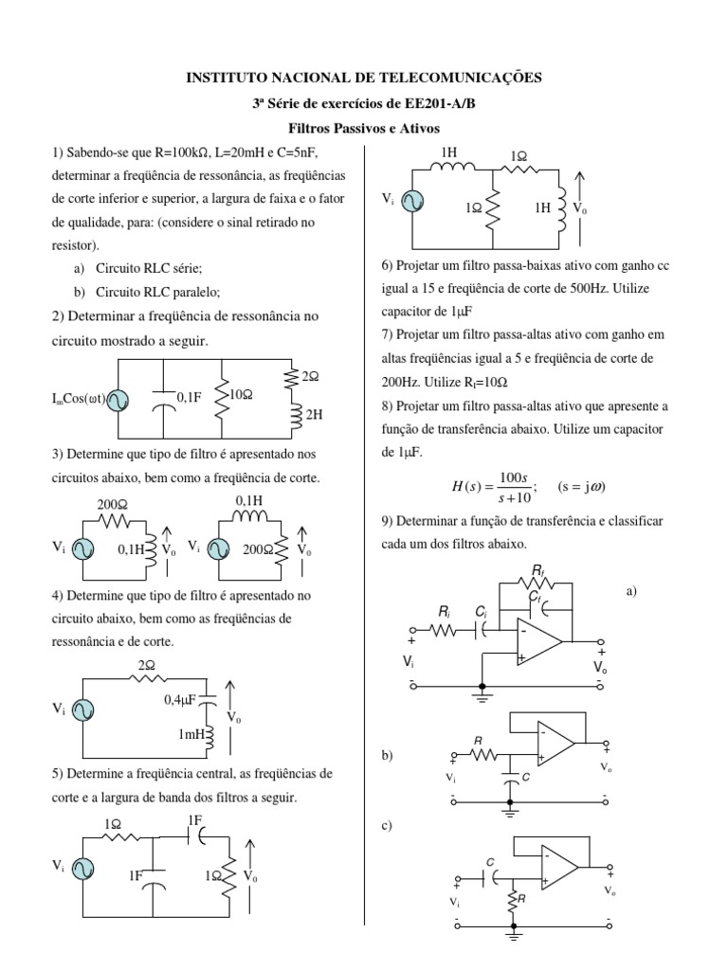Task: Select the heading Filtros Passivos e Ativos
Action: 364,128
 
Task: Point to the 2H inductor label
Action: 313,414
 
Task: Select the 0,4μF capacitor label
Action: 178,700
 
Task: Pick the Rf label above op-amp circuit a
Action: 538,570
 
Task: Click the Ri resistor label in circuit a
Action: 445,614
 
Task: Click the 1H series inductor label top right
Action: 448,153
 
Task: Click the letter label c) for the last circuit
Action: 387,825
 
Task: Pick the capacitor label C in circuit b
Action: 527,777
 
